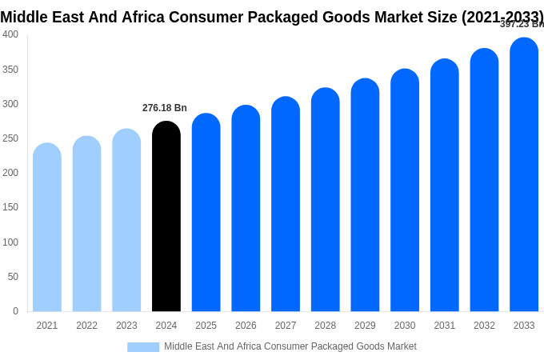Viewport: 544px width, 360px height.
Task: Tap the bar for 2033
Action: tap(524, 175)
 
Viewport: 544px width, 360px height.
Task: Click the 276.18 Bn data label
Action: tap(165, 108)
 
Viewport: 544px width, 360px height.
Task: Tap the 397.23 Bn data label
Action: tap(522, 24)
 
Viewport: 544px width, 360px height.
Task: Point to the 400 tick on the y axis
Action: tap(10, 34)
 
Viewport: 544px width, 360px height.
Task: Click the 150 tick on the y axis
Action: tap(10, 207)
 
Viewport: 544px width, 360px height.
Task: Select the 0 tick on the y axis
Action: tap(15, 311)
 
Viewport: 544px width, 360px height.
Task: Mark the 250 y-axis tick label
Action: tap(10, 138)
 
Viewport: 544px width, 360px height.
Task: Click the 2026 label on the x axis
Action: tap(246, 326)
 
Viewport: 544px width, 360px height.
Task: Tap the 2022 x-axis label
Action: tap(86, 326)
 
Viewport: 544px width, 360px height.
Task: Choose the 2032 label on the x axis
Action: tap(484, 326)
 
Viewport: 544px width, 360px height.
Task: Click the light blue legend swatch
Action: tap(143, 347)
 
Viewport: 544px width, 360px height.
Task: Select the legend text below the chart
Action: tap(290, 346)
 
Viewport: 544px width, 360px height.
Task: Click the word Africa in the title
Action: tap(143, 17)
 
